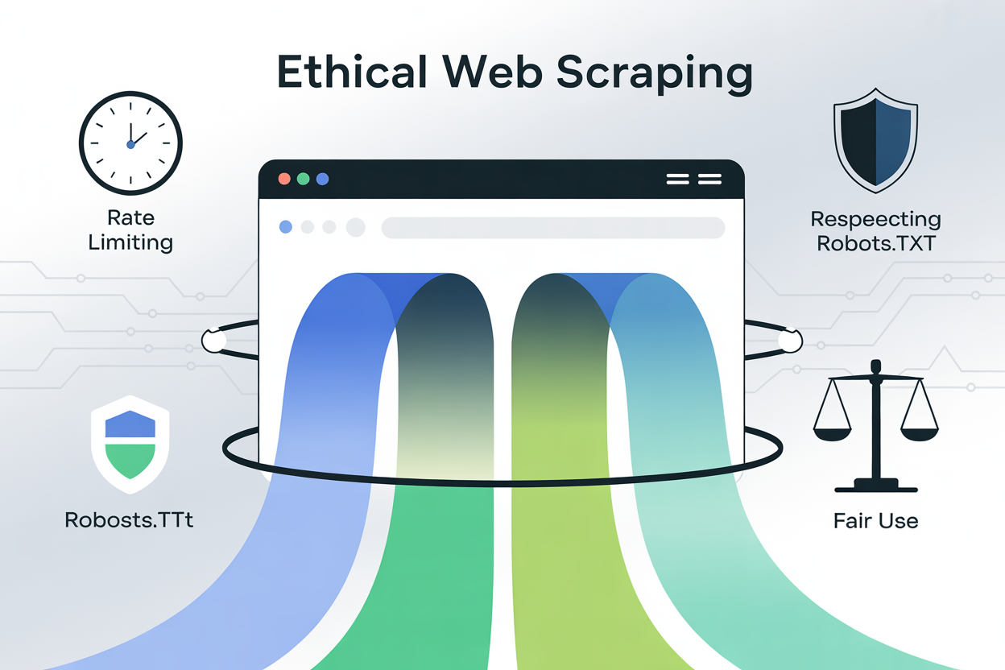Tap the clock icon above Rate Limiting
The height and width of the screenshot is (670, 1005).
130,143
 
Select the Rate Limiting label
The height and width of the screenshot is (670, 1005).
130,230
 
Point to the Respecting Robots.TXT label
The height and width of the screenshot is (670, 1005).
875,231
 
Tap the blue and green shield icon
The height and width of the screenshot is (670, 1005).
130,444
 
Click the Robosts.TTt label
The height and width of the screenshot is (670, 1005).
129,519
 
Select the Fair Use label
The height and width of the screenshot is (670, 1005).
875,521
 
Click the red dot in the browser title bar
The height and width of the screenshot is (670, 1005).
284,179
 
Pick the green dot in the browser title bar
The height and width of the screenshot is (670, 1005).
304,179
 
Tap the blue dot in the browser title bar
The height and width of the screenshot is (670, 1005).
323,179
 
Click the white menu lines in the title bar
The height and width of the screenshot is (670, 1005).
693,179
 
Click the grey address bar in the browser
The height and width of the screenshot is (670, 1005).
552,228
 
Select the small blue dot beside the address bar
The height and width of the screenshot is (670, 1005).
285,228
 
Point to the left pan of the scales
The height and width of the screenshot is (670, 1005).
831,433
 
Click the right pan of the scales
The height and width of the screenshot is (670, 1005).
920,433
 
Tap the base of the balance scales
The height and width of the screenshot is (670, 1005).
875,486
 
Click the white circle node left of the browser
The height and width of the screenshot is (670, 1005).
214,341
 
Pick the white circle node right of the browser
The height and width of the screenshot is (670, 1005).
790,341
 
